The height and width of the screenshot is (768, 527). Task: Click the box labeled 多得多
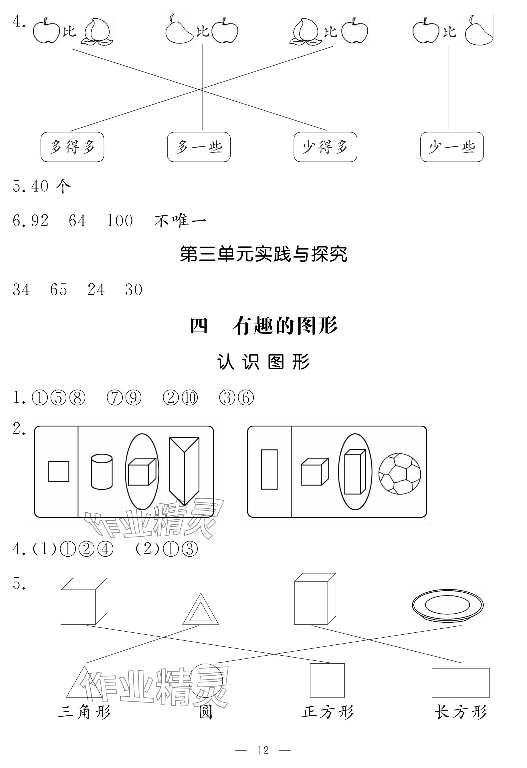(x=72, y=147)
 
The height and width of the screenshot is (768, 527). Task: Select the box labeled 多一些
(x=199, y=147)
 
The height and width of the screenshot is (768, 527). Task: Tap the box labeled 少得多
(x=325, y=147)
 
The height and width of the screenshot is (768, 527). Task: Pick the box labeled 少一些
(x=452, y=147)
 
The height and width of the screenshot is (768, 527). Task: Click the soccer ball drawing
(x=400, y=474)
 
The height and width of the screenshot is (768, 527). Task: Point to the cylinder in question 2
(x=102, y=472)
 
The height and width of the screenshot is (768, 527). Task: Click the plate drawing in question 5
(x=448, y=605)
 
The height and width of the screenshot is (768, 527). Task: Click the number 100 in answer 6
(x=119, y=221)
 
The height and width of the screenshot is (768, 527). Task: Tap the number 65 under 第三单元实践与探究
(x=59, y=289)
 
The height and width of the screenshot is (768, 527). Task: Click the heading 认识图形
(x=263, y=362)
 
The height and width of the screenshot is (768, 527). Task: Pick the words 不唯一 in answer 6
(x=180, y=221)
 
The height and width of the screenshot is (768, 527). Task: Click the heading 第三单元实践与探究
(x=263, y=255)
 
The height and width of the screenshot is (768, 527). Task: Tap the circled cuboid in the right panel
(x=355, y=472)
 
